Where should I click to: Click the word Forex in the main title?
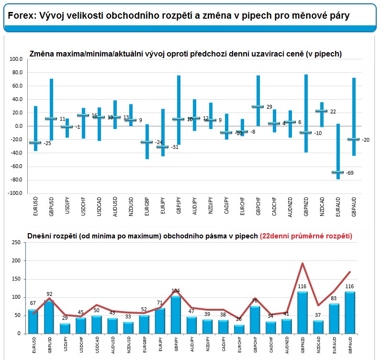click(22, 16)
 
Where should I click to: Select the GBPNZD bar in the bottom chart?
click(303, 312)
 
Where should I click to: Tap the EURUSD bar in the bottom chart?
click(33, 321)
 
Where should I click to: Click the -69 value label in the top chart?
click(350, 173)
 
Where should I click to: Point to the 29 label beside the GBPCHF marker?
click(269, 107)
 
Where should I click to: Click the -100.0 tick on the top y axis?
click(15, 193)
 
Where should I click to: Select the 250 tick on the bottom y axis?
click(16, 242)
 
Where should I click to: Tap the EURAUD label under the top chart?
click(338, 207)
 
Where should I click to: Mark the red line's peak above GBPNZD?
click(303, 263)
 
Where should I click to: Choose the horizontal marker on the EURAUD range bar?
click(338, 172)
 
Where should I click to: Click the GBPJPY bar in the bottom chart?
click(176, 315)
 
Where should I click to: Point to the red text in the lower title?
click(306, 236)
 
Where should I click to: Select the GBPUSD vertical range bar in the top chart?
click(52, 110)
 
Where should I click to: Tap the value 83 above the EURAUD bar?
click(334, 298)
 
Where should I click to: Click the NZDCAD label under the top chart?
click(322, 207)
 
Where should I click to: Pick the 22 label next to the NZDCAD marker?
click(333, 112)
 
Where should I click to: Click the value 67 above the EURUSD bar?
click(33, 303)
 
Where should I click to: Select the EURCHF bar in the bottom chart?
click(239, 329)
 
